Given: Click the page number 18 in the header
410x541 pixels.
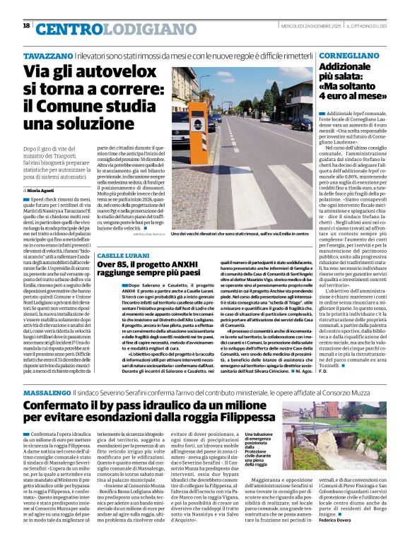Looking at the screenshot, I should click(x=26, y=26).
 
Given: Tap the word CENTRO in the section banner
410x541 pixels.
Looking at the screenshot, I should click(x=65, y=28).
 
